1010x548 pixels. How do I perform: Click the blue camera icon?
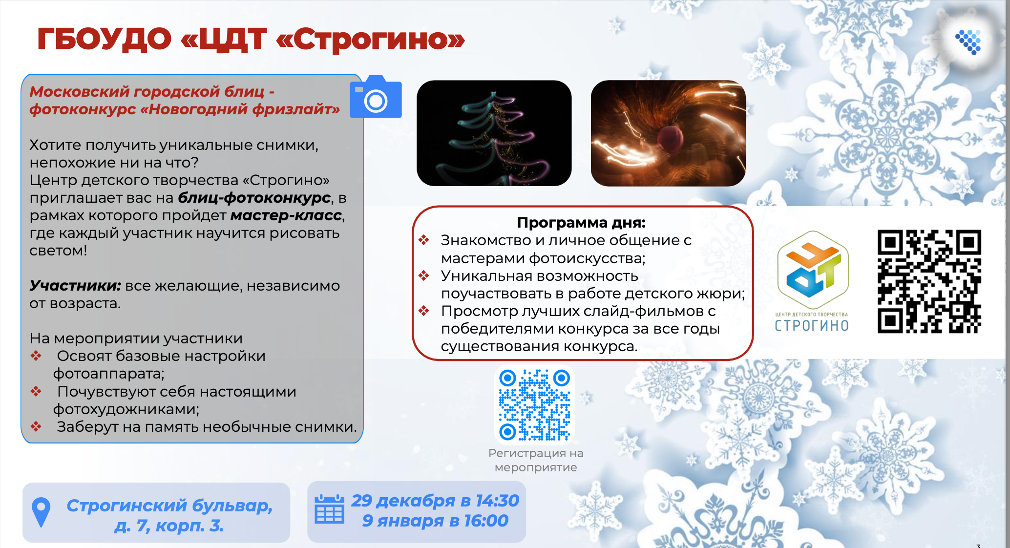(x=376, y=97)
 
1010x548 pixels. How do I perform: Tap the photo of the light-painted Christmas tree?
(x=494, y=133)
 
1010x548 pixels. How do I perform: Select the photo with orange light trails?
(x=668, y=133)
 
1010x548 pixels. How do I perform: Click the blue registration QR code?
(x=534, y=405)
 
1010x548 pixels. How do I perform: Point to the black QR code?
(x=929, y=281)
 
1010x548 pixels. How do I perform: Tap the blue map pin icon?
(x=41, y=512)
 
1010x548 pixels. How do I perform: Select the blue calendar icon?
(x=329, y=509)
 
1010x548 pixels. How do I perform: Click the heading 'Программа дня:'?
(x=581, y=223)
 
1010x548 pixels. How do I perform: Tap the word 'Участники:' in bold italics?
(x=75, y=285)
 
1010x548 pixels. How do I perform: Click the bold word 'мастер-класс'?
(x=286, y=215)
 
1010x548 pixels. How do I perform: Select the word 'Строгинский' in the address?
(x=127, y=506)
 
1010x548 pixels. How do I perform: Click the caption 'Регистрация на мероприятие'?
(x=536, y=460)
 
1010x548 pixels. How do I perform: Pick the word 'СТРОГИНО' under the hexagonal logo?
(x=812, y=326)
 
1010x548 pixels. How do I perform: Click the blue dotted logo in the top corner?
(x=968, y=42)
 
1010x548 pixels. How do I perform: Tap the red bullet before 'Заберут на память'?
(x=36, y=426)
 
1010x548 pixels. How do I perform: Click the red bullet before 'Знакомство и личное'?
(x=423, y=240)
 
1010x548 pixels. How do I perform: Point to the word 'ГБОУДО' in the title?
(x=105, y=39)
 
